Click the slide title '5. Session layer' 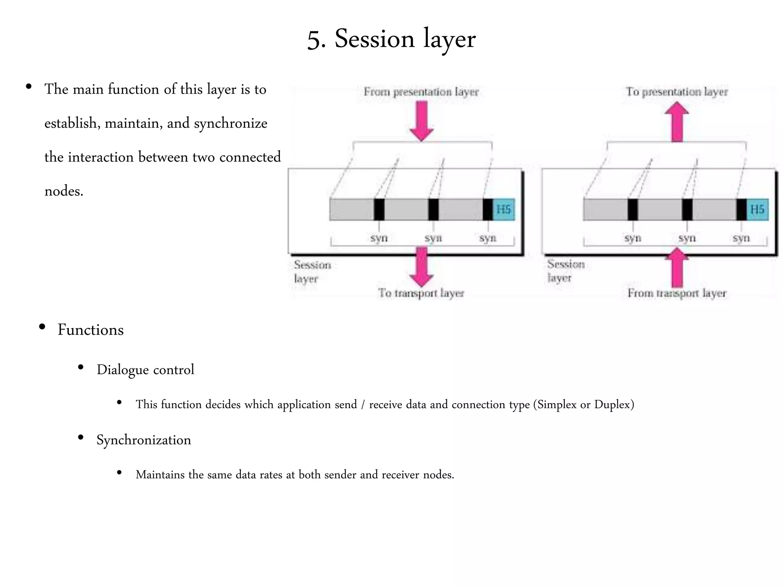(x=391, y=39)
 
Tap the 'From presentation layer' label (x=421, y=92)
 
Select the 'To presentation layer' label (x=677, y=92)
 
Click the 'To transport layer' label (x=421, y=293)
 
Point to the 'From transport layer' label (x=677, y=293)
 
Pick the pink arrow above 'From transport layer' (x=677, y=268)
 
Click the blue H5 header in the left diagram (x=504, y=209)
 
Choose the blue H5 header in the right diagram (x=757, y=209)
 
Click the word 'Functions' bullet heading (x=91, y=330)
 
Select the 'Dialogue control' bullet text (x=145, y=370)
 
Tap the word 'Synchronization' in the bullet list (x=143, y=440)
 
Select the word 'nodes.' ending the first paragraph (x=64, y=191)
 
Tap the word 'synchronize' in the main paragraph (x=231, y=123)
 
